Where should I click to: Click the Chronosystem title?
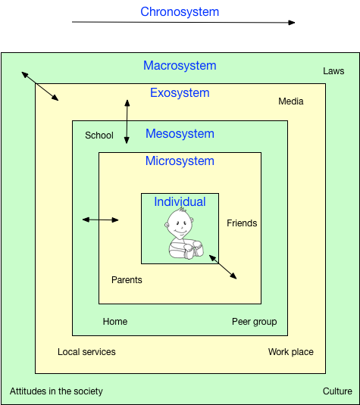180,12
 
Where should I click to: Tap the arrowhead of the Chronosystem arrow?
292,23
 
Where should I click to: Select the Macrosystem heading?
180,65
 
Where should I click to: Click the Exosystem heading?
180,92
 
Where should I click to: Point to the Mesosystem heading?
180,133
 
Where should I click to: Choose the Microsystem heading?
180,160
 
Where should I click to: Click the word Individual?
180,201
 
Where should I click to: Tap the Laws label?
333,71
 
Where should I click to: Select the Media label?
291,101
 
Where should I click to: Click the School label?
99,136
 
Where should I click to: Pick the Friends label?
242,223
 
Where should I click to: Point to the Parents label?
127,280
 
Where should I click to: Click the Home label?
115,322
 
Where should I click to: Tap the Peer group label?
255,322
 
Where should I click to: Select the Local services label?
86,352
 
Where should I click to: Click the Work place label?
291,352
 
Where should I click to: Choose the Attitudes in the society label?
56,391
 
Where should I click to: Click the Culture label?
337,391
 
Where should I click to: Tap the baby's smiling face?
179,223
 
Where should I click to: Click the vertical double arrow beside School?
127,122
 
